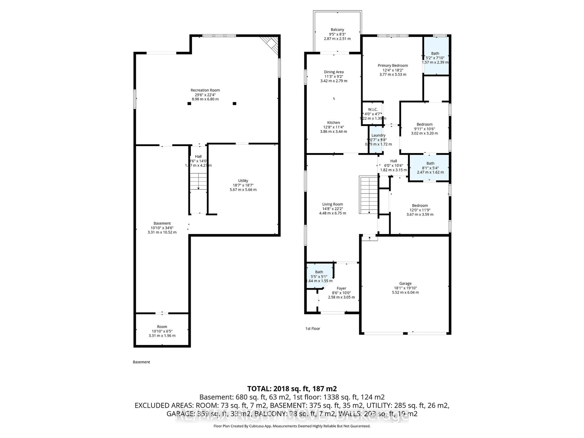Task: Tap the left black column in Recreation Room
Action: (189, 104)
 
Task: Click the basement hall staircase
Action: (198, 181)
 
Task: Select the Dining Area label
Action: (334, 72)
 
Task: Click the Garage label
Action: (405, 283)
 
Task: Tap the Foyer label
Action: (341, 289)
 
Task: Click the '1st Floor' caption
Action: (313, 329)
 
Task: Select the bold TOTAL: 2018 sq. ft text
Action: (292, 389)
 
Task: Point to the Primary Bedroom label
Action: (393, 66)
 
